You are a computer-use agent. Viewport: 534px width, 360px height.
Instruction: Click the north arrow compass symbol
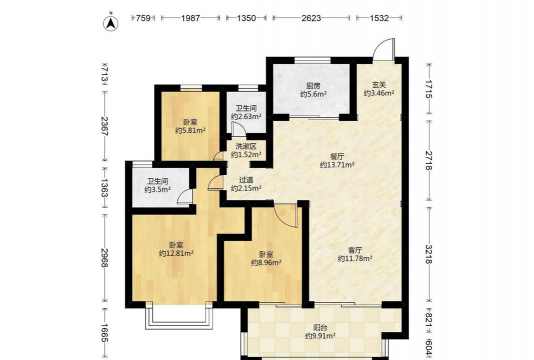point(110,23)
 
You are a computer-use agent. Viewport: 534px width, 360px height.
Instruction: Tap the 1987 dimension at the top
point(190,18)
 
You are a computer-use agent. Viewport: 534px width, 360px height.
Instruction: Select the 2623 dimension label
point(311,18)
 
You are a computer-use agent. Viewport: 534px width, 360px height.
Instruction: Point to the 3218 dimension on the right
point(429,254)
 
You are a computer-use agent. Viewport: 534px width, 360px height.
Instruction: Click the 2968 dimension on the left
point(105,258)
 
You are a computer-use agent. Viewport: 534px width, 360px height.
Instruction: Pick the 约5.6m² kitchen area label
point(313,94)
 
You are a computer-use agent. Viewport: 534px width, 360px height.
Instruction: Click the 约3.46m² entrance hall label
point(379,93)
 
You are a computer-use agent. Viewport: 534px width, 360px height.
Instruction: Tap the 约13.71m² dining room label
point(337,165)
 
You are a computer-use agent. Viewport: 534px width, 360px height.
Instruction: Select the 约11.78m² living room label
point(355,259)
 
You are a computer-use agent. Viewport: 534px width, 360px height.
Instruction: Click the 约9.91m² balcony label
point(320,336)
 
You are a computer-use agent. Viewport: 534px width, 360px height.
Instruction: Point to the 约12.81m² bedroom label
point(176,254)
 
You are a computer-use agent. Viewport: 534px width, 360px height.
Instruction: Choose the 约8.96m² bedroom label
point(266,263)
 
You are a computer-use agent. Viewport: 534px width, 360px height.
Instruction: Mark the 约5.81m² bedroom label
point(190,130)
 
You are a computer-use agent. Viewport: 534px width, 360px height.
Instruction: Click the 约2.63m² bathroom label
point(246,117)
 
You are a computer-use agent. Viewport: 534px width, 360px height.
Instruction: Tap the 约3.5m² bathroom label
point(157,190)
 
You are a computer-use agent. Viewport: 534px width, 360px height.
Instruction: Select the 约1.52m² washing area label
point(246,155)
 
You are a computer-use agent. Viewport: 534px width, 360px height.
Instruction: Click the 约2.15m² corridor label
point(246,188)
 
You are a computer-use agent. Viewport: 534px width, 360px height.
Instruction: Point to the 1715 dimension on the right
point(429,89)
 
